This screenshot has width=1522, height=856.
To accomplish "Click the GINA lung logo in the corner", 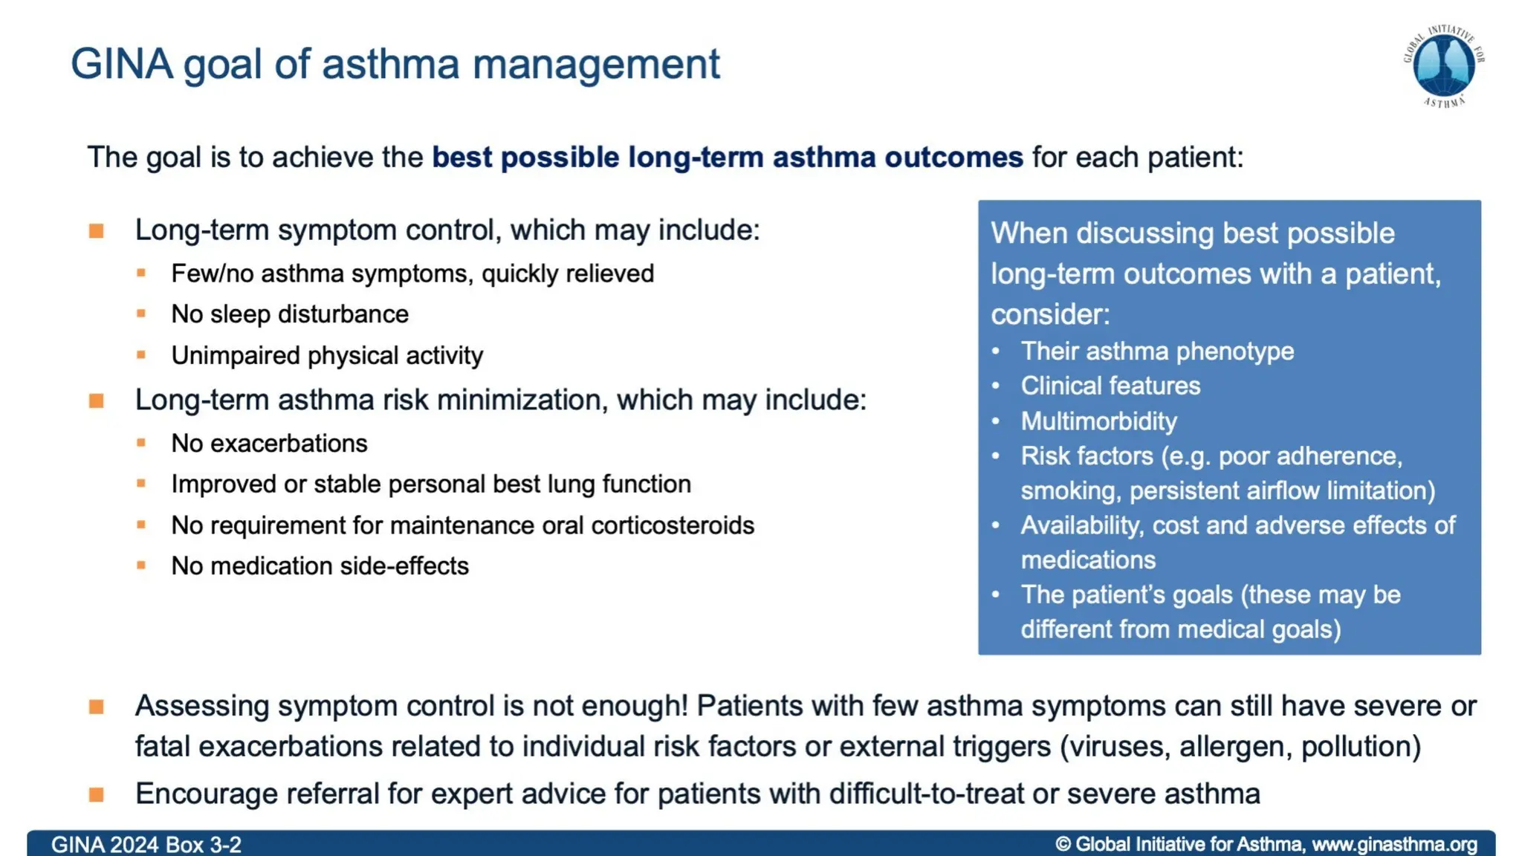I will (1443, 66).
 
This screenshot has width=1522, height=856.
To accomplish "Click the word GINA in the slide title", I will (121, 64).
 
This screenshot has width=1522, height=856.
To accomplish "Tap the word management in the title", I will (596, 64).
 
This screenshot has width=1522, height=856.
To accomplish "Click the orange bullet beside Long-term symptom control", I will (97, 231).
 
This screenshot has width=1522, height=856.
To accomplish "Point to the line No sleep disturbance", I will (290, 314).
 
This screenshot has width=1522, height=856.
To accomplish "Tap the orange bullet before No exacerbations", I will (141, 443).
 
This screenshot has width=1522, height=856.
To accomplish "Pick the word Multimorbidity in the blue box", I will (1098, 421).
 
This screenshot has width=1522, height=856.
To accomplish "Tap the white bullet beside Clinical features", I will (996, 386).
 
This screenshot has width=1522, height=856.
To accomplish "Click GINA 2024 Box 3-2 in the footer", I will (146, 845).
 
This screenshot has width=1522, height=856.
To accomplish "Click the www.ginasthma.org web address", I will (1394, 845).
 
